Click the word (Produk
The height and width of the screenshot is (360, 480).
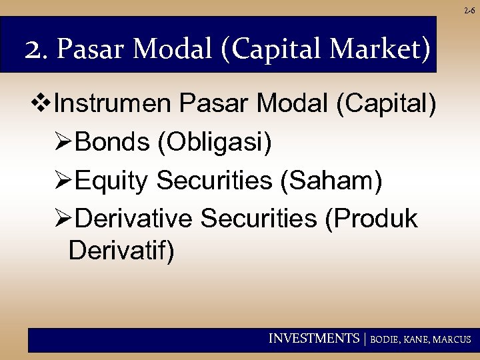tap(371, 219)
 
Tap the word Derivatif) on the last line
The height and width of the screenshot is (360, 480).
tap(121, 251)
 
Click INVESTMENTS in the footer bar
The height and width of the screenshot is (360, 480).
tap(313, 339)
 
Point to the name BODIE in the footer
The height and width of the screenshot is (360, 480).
tap(385, 339)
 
